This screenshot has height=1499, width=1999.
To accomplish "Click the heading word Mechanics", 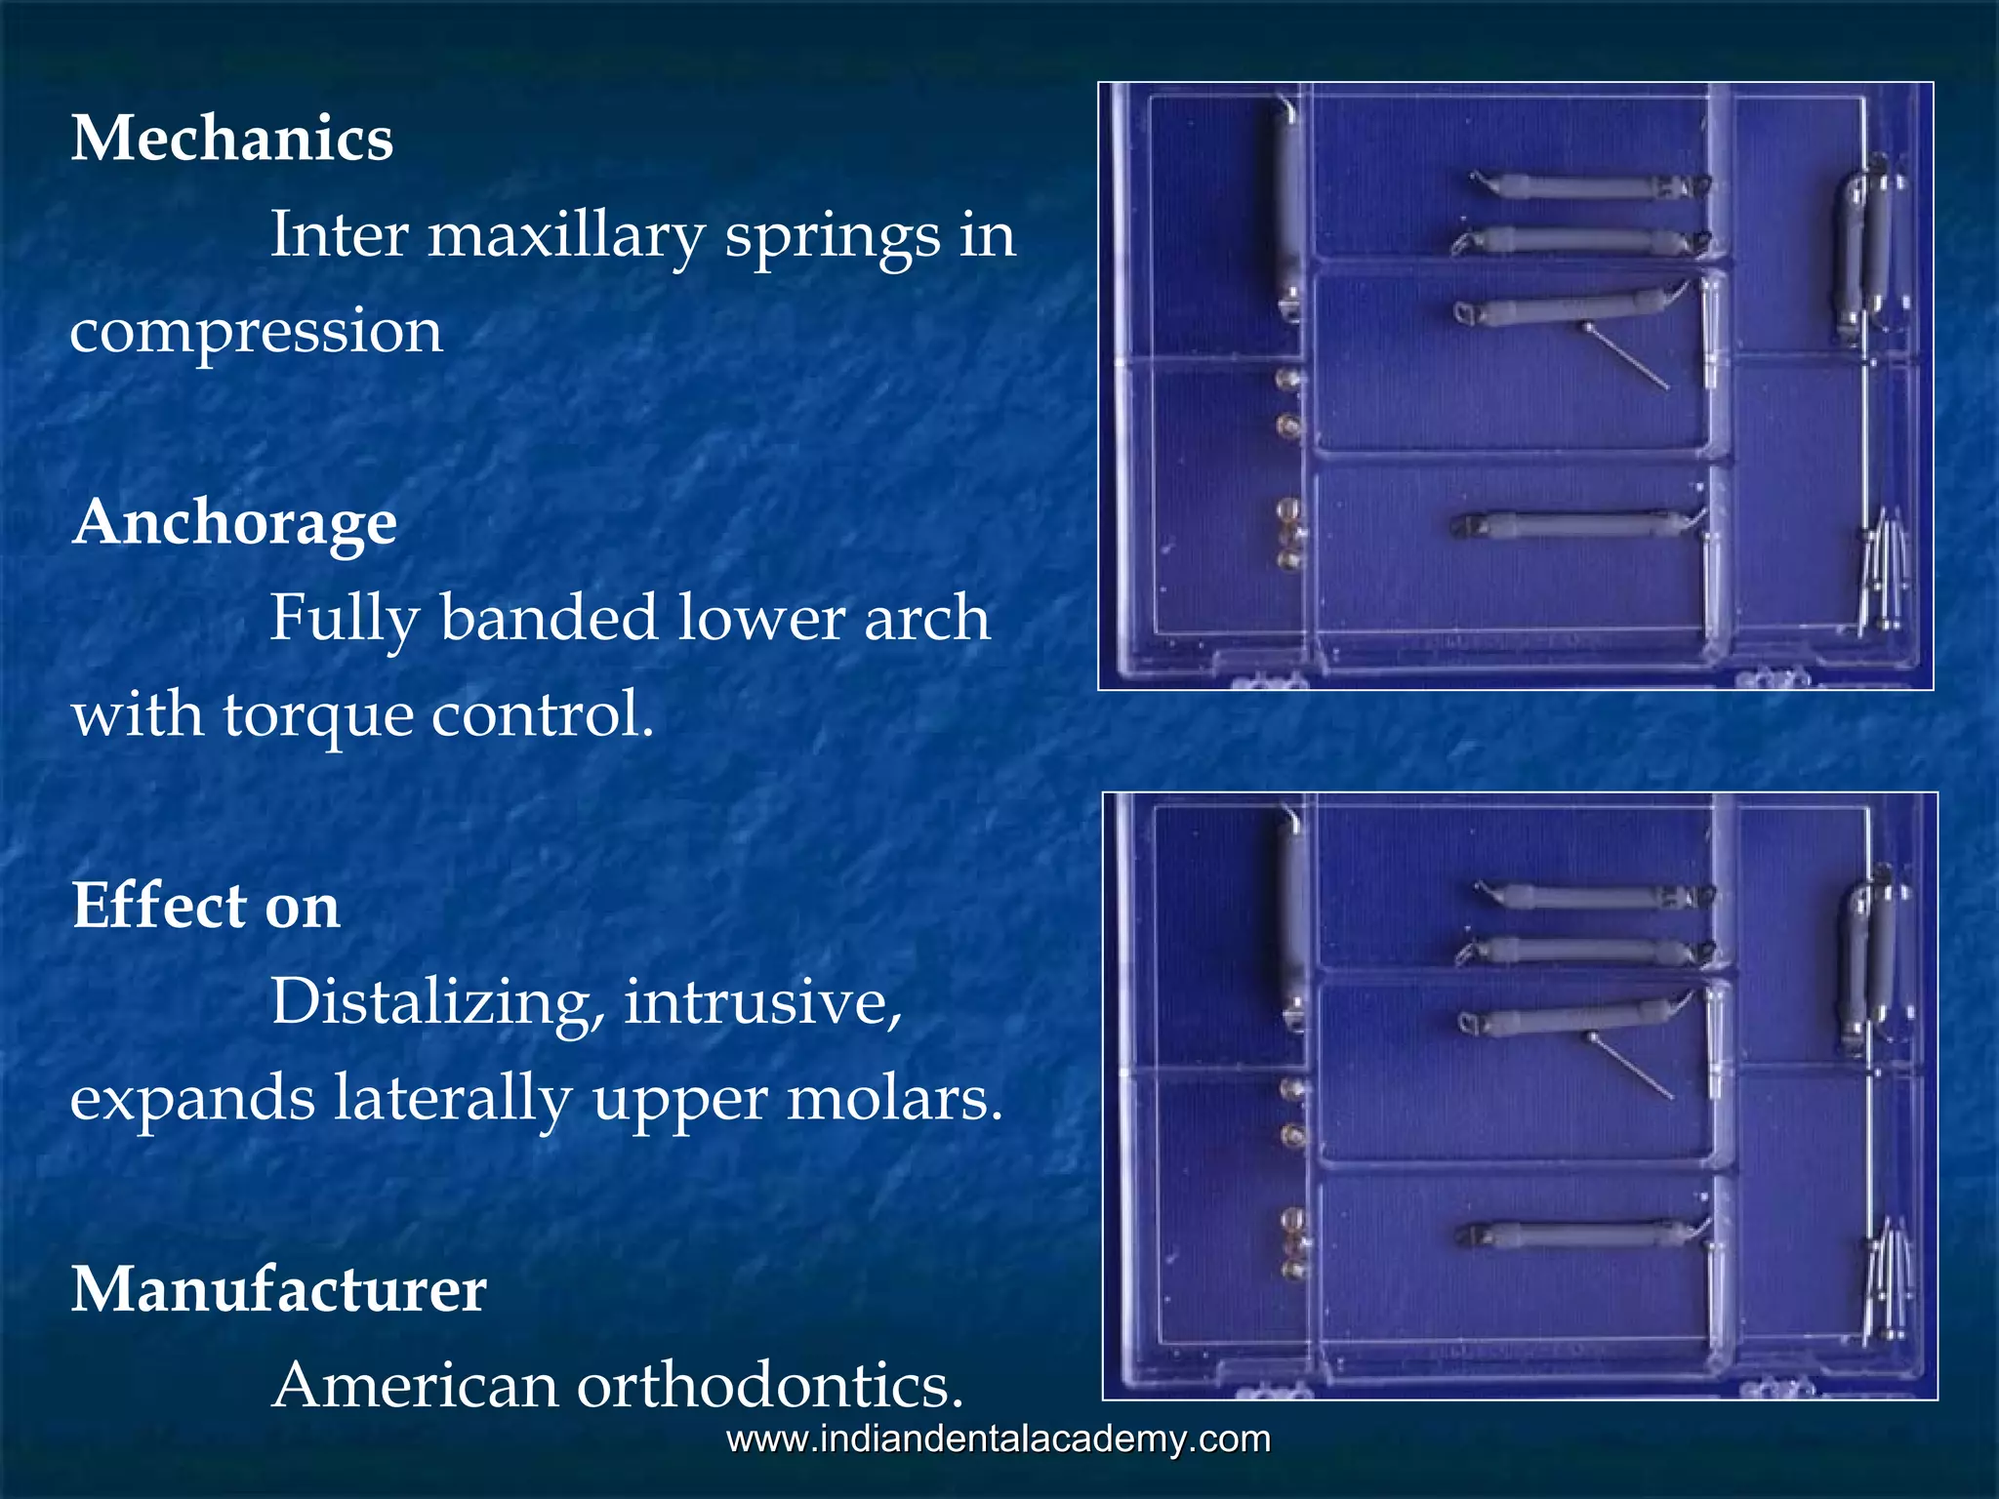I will (232, 139).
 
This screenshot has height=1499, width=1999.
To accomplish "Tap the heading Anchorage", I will (234, 523).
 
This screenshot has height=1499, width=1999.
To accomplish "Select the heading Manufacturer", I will (279, 1290).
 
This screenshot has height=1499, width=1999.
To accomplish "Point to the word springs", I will (833, 236).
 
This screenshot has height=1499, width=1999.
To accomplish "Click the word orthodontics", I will (769, 1386).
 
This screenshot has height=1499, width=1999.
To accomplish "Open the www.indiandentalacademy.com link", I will (999, 1439).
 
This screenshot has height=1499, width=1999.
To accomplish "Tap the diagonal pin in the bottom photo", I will (1631, 1067).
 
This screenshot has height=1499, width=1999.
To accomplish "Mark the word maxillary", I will (566, 236).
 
